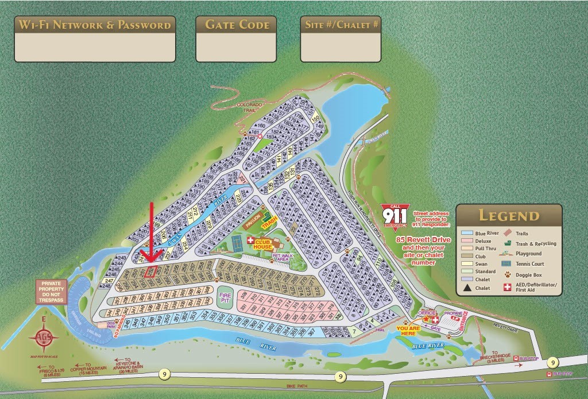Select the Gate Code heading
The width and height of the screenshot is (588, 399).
[x=237, y=25]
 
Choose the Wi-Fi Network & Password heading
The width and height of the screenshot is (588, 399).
[x=95, y=25]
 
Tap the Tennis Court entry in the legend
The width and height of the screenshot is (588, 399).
[x=527, y=264]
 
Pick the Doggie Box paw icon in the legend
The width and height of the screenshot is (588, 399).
[x=508, y=275]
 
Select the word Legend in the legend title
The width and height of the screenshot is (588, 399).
[x=509, y=215]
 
